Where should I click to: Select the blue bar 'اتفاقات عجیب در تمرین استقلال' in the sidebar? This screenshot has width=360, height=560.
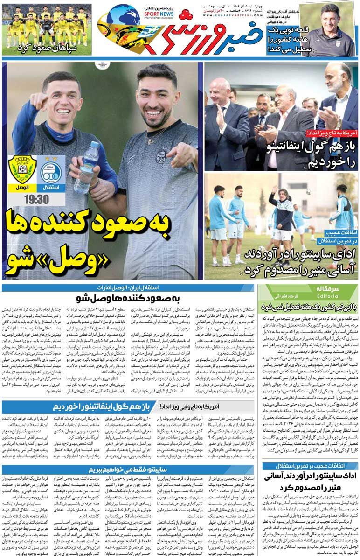pos(310,453)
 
